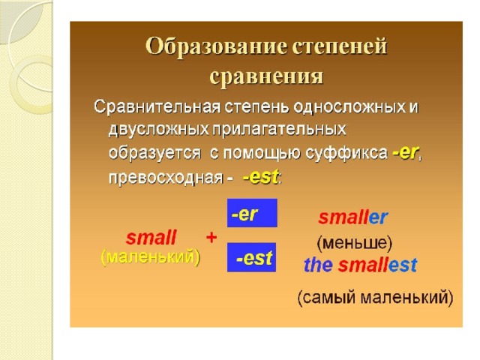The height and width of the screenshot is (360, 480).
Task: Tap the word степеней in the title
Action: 340,48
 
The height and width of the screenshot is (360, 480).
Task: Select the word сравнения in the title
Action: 266,76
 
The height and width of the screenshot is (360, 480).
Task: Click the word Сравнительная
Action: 157,107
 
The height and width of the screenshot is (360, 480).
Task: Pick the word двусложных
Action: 158,130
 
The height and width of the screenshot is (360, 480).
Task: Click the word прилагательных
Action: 279,130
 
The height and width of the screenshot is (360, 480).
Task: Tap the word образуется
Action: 155,153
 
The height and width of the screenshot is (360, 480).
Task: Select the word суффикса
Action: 346,153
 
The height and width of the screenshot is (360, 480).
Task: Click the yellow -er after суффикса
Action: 405,152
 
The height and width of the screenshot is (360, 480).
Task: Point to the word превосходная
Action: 166,178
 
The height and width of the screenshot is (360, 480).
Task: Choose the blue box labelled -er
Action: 252,213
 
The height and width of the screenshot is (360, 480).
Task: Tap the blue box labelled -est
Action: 252,257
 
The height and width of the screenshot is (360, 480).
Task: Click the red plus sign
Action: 211,238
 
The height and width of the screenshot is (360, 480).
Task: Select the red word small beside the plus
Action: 151,238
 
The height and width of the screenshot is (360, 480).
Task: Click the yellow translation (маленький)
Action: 150,256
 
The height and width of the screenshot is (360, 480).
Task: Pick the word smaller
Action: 353,217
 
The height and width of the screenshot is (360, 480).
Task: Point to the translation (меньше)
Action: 354,243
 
